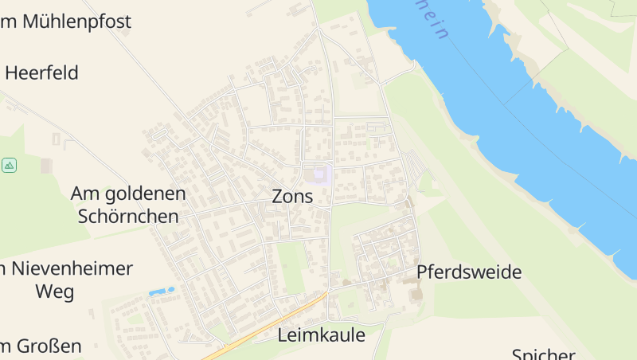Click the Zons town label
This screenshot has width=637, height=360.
292,196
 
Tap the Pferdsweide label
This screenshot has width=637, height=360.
469,272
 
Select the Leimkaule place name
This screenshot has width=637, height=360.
321,335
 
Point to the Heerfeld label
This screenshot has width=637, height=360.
41,73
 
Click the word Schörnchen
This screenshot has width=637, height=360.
128,216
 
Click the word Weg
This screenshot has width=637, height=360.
55,292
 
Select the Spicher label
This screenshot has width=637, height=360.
544,354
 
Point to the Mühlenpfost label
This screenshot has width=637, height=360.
76,22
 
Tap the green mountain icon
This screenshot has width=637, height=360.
10,165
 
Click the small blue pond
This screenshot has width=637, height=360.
162,292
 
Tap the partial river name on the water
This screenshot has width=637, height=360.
436,22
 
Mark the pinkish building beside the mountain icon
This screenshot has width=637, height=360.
46,166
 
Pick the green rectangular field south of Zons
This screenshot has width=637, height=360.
291,267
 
